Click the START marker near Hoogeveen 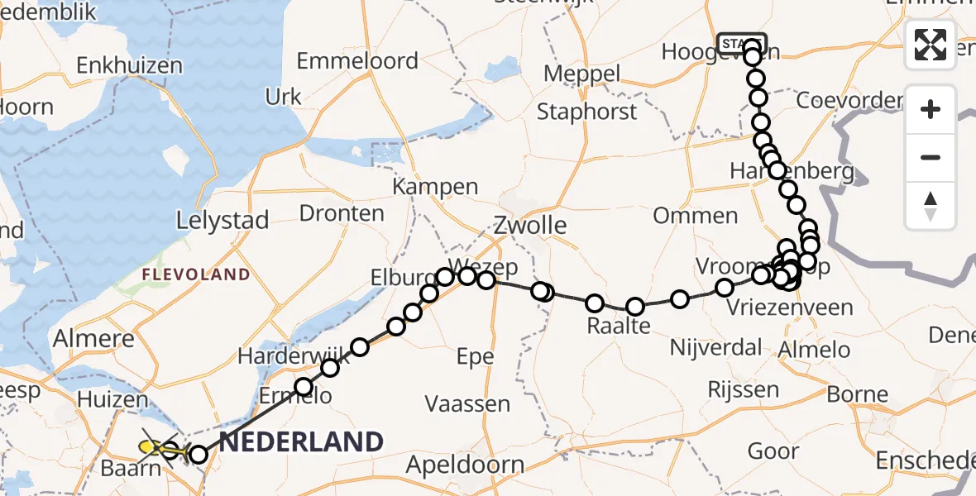tap(742, 44)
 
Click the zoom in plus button tap(931, 110)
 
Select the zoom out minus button tap(931, 157)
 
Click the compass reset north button tap(931, 206)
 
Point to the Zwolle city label tap(530, 225)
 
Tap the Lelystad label tap(222, 221)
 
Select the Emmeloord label tap(356, 61)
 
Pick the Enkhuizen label tap(129, 65)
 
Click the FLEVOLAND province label tap(195, 274)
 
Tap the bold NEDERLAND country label tap(301, 441)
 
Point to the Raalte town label tap(618, 326)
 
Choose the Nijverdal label tap(715, 347)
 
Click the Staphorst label tap(587, 112)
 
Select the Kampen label tap(435, 187)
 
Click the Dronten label tap(342, 213)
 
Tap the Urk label tap(284, 97)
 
